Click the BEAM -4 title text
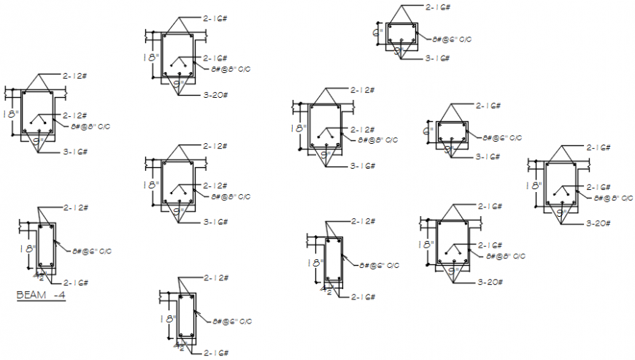(x=41, y=296)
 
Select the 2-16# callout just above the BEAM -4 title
(x=75, y=283)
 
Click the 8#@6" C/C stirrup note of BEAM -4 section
(x=91, y=251)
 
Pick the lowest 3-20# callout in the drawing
(x=490, y=282)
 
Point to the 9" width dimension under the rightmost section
(x=561, y=212)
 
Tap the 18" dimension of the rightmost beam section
(x=535, y=186)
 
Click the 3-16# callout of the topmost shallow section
(x=437, y=58)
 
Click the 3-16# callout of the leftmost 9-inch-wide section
(x=75, y=152)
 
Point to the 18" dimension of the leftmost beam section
(x=10, y=115)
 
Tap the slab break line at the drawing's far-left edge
(x=7, y=93)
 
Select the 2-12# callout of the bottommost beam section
(x=216, y=278)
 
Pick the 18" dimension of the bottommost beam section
(x=167, y=319)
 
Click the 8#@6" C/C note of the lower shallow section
(x=502, y=137)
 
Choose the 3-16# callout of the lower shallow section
(x=488, y=156)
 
